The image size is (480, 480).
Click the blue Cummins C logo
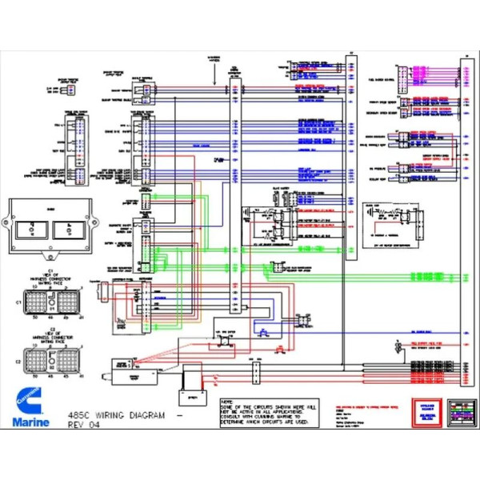pos(27,398)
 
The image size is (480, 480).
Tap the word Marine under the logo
pos(30,421)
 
